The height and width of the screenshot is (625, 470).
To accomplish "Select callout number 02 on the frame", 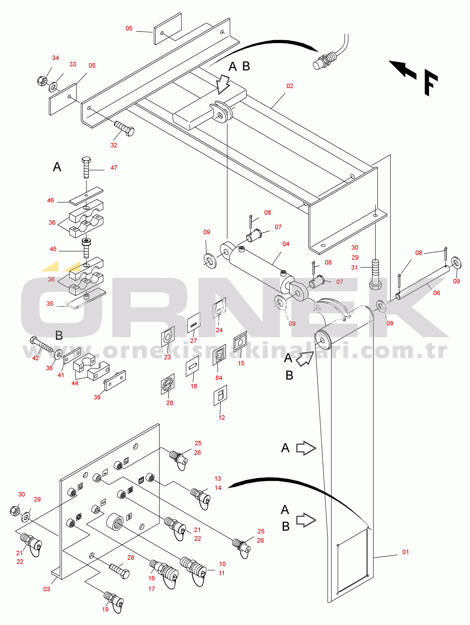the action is [x=290, y=86].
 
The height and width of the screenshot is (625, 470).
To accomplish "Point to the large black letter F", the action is [x=431, y=83].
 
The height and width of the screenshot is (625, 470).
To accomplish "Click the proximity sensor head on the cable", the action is [x=325, y=60].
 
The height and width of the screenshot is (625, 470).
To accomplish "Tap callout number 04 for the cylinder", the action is [x=286, y=244].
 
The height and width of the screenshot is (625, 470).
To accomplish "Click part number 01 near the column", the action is [x=406, y=552].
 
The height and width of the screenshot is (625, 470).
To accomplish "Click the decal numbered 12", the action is [x=220, y=395].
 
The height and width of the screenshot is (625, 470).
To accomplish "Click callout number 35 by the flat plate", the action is [x=50, y=303].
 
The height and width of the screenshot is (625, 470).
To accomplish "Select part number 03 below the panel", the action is [x=47, y=589].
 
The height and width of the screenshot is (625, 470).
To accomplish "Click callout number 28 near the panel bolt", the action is [x=131, y=558].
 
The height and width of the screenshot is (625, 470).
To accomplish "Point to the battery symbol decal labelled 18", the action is [x=192, y=366].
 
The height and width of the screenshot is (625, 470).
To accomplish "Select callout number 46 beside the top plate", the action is [x=51, y=200].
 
